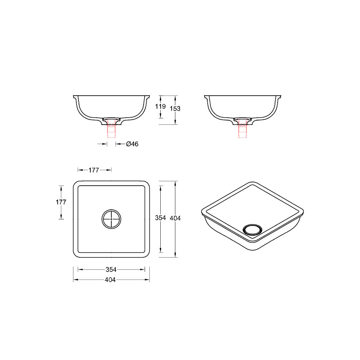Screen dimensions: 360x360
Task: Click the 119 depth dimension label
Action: coord(160,106)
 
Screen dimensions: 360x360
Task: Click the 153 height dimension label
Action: coord(175,109)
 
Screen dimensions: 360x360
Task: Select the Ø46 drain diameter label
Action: coord(132,144)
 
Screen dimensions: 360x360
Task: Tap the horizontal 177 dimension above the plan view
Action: coord(94,170)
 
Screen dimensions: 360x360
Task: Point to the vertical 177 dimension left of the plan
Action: coord(61,202)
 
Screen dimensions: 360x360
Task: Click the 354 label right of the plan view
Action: coord(160,218)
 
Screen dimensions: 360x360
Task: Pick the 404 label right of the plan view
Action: coord(175,218)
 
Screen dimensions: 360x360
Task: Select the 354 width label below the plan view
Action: coord(111,270)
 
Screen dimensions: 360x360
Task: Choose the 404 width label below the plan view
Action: coord(110,280)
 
